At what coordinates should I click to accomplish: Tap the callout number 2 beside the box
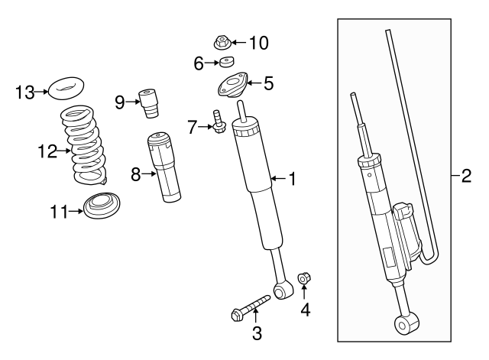coord(465,177)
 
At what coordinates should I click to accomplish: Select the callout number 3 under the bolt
coord(257,332)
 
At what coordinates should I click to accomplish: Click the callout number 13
coord(25,93)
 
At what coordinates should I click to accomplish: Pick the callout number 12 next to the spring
coord(45,151)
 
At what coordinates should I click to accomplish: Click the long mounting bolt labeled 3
coord(250,306)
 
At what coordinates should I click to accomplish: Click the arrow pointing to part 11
coord(74,211)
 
